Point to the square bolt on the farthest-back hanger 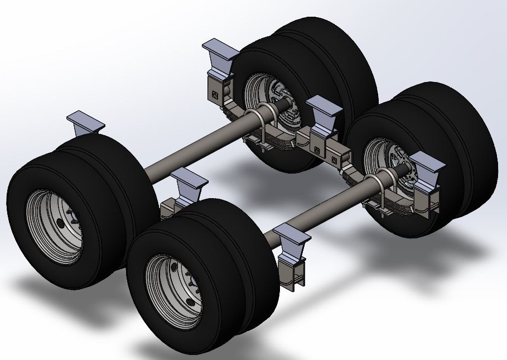coord(213,88)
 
